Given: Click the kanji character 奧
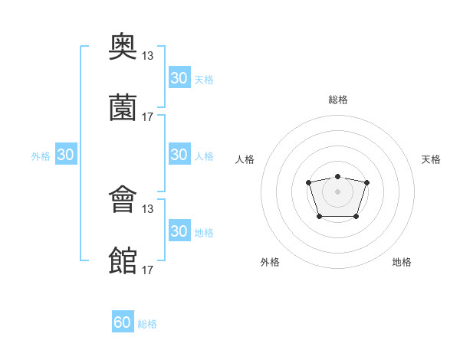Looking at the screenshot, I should [123, 47].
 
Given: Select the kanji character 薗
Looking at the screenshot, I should [123, 109].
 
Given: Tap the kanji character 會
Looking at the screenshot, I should [123, 201].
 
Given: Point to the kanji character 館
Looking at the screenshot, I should [123, 261].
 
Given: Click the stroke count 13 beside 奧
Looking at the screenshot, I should [148, 55].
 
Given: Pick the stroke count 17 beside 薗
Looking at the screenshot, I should [148, 116].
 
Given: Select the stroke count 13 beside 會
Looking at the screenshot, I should [148, 208].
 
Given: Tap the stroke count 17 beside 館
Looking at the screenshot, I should [148, 270].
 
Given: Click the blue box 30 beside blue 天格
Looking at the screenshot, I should [179, 78].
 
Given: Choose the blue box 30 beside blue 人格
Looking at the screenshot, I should [179, 155].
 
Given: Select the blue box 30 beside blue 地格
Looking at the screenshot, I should [179, 231].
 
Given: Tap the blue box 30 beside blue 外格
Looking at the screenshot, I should [66, 155].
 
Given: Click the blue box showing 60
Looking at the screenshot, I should [123, 322].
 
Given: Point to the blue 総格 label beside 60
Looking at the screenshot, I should [148, 324].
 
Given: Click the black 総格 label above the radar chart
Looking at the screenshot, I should [337, 100].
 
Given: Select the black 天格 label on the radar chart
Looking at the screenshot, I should [432, 159].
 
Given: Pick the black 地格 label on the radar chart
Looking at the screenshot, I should [402, 262].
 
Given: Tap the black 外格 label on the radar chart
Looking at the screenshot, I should [270, 262].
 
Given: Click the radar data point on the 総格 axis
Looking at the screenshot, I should [337, 177].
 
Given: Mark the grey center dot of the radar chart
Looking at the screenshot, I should [337, 191].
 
